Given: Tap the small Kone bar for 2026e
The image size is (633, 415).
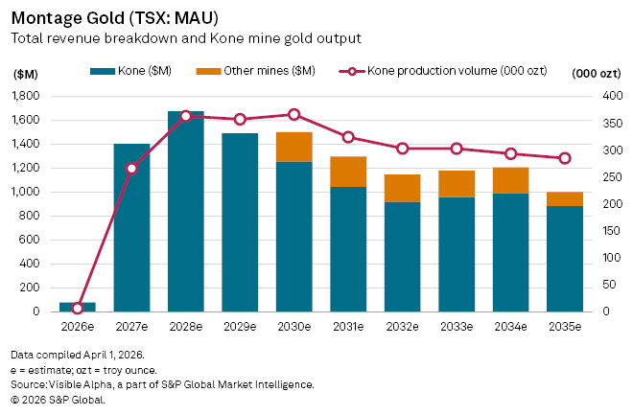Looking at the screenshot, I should click(78, 307).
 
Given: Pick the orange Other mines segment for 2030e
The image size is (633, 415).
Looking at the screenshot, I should click(293, 147).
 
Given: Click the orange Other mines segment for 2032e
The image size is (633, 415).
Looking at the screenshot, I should click(402, 188).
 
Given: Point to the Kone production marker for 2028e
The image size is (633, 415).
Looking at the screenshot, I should click(186, 115).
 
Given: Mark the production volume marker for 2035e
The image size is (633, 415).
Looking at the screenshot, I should click(565, 158).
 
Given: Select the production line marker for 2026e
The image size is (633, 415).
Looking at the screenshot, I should click(78, 308).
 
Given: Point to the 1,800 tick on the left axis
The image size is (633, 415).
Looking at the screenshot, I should click(27, 96).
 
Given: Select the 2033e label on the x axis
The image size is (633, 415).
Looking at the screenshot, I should click(457, 327).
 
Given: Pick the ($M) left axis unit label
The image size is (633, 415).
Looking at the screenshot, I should click(25, 73).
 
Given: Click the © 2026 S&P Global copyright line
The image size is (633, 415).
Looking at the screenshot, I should click(58, 400).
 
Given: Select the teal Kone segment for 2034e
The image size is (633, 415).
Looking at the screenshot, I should click(510, 252).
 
